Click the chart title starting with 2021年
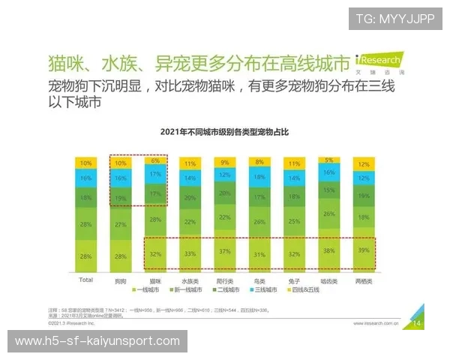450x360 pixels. (224, 132)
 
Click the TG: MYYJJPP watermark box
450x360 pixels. (395, 19)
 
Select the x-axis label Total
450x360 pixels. (85, 280)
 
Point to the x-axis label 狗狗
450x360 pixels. (121, 280)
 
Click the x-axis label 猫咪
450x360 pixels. (155, 280)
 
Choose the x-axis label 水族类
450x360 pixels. (190, 280)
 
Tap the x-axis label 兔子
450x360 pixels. (294, 280)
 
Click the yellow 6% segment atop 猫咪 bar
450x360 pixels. (155, 160)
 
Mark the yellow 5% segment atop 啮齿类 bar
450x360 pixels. (328, 160)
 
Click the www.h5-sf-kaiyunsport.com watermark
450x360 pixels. (97, 341)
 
